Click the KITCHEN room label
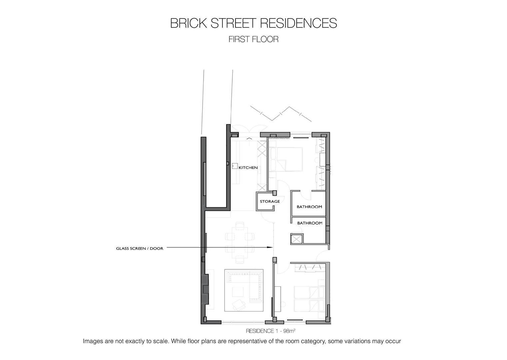(248, 168)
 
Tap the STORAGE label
(270, 201)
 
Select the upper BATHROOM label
(309, 207)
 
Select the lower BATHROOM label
(310, 223)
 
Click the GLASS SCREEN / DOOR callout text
(140, 249)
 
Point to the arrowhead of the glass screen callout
(271, 247)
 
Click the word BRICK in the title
(189, 23)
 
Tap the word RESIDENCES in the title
(298, 23)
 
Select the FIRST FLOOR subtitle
(253, 39)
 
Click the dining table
(240, 243)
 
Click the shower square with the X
(297, 239)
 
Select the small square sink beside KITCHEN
(235, 166)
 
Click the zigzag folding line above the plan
(281, 114)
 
